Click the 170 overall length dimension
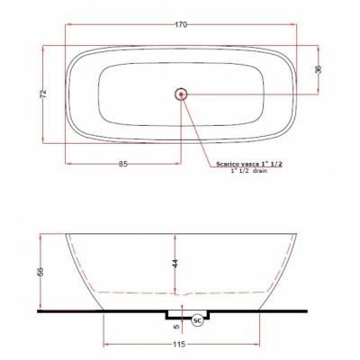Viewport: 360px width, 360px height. point(181,25)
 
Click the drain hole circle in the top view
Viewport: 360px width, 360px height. point(181,94)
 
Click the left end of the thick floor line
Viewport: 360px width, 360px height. point(37,310)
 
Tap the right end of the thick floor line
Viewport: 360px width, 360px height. point(308,310)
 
